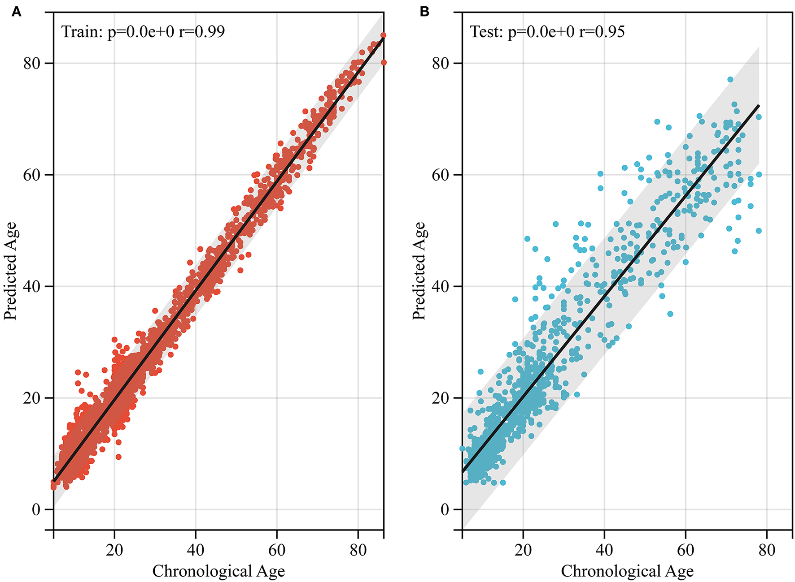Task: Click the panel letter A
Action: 16,12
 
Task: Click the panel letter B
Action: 424,12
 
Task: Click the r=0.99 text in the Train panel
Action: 201,31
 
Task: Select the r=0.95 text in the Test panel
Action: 602,31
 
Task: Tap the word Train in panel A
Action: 81,31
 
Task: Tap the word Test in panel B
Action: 485,31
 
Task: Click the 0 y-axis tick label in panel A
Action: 36,509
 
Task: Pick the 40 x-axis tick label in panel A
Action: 196,550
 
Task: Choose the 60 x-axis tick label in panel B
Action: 685,550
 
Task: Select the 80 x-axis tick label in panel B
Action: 766,550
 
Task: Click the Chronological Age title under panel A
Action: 218,571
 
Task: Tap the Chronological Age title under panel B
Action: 627,571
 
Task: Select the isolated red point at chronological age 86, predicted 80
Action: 384,62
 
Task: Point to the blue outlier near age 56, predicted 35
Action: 670,314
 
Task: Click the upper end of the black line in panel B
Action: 758,106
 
